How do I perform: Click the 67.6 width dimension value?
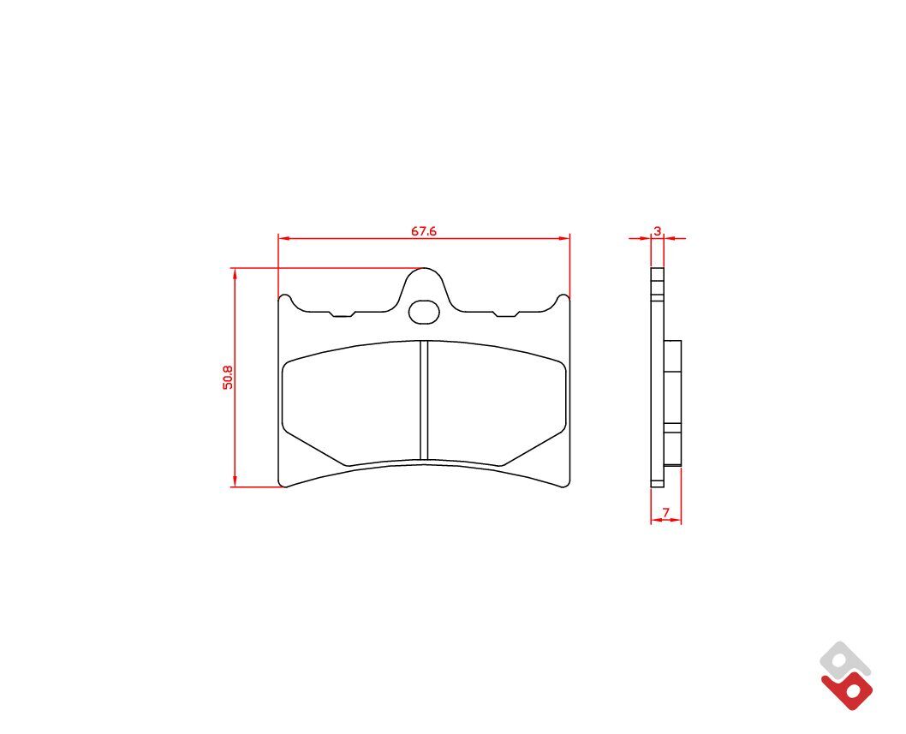424,231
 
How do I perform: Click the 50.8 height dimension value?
229,377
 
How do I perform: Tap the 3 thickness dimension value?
657,230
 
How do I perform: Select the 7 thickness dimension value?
665,513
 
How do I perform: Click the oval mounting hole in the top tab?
424,312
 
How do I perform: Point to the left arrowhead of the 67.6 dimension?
283,237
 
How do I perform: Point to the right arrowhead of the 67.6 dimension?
564,237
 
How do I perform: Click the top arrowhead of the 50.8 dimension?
235,273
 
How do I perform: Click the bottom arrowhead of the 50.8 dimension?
235,481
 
